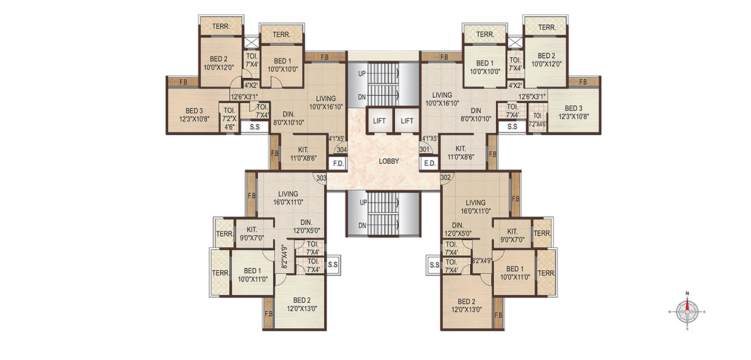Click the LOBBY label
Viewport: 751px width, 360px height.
tap(389, 161)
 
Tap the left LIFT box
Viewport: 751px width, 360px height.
tap(379, 121)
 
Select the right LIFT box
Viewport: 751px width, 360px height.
tap(407, 121)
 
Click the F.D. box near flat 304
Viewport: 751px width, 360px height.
tap(338, 164)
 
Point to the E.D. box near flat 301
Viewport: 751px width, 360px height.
tap(430, 164)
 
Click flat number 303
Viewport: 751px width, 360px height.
tap(321, 178)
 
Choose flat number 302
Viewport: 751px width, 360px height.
tap(446, 178)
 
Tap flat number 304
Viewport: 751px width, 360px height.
tap(341, 150)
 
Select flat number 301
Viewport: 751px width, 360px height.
tap(424, 149)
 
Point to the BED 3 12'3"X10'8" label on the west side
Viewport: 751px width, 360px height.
tap(194, 115)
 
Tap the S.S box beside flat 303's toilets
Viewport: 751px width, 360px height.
tap(333, 265)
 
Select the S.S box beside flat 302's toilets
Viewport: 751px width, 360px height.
tap(434, 265)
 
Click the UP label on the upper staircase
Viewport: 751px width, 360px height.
tap(362, 73)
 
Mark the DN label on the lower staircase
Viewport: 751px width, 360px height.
tap(362, 225)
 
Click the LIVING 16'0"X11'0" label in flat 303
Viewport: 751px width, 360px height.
tap(288, 198)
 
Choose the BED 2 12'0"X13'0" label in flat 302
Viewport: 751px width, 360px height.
tap(466, 306)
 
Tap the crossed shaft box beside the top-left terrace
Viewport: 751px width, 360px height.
tap(251, 42)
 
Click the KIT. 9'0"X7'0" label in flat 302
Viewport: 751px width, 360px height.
tap(512, 235)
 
